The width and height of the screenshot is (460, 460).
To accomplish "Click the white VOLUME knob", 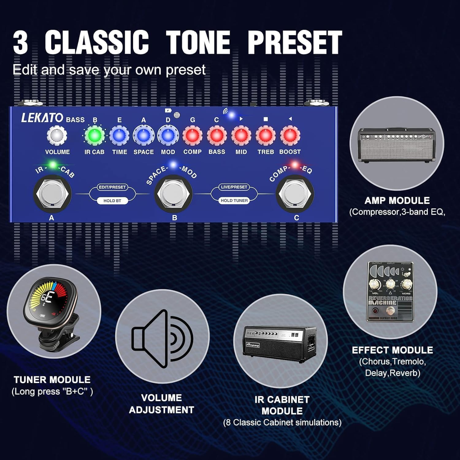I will tap(57, 135).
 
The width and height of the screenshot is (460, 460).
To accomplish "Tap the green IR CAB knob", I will tap(94, 135).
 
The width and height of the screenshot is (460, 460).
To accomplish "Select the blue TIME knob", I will tap(119, 135).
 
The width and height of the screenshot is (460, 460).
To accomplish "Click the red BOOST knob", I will tap(290, 135).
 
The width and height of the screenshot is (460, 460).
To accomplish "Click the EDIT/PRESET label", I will tap(112, 187).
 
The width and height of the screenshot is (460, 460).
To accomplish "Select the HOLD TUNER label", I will tap(234, 201).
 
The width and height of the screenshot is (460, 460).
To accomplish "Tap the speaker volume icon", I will tap(163, 339).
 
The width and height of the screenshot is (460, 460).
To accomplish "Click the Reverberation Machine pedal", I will tap(390, 291).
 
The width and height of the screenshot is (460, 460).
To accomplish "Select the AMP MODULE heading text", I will tap(397, 201).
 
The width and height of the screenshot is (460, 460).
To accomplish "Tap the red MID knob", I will tap(241, 135).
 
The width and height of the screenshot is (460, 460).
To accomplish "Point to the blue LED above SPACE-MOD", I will tap(173, 165).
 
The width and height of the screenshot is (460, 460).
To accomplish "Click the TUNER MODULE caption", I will tap(52, 380).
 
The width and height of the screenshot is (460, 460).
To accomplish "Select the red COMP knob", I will tap(192, 135).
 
